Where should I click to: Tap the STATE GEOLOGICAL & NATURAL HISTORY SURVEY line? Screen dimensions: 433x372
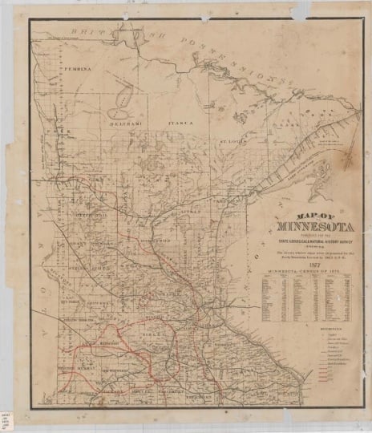pyautogui.click(x=298, y=241)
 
